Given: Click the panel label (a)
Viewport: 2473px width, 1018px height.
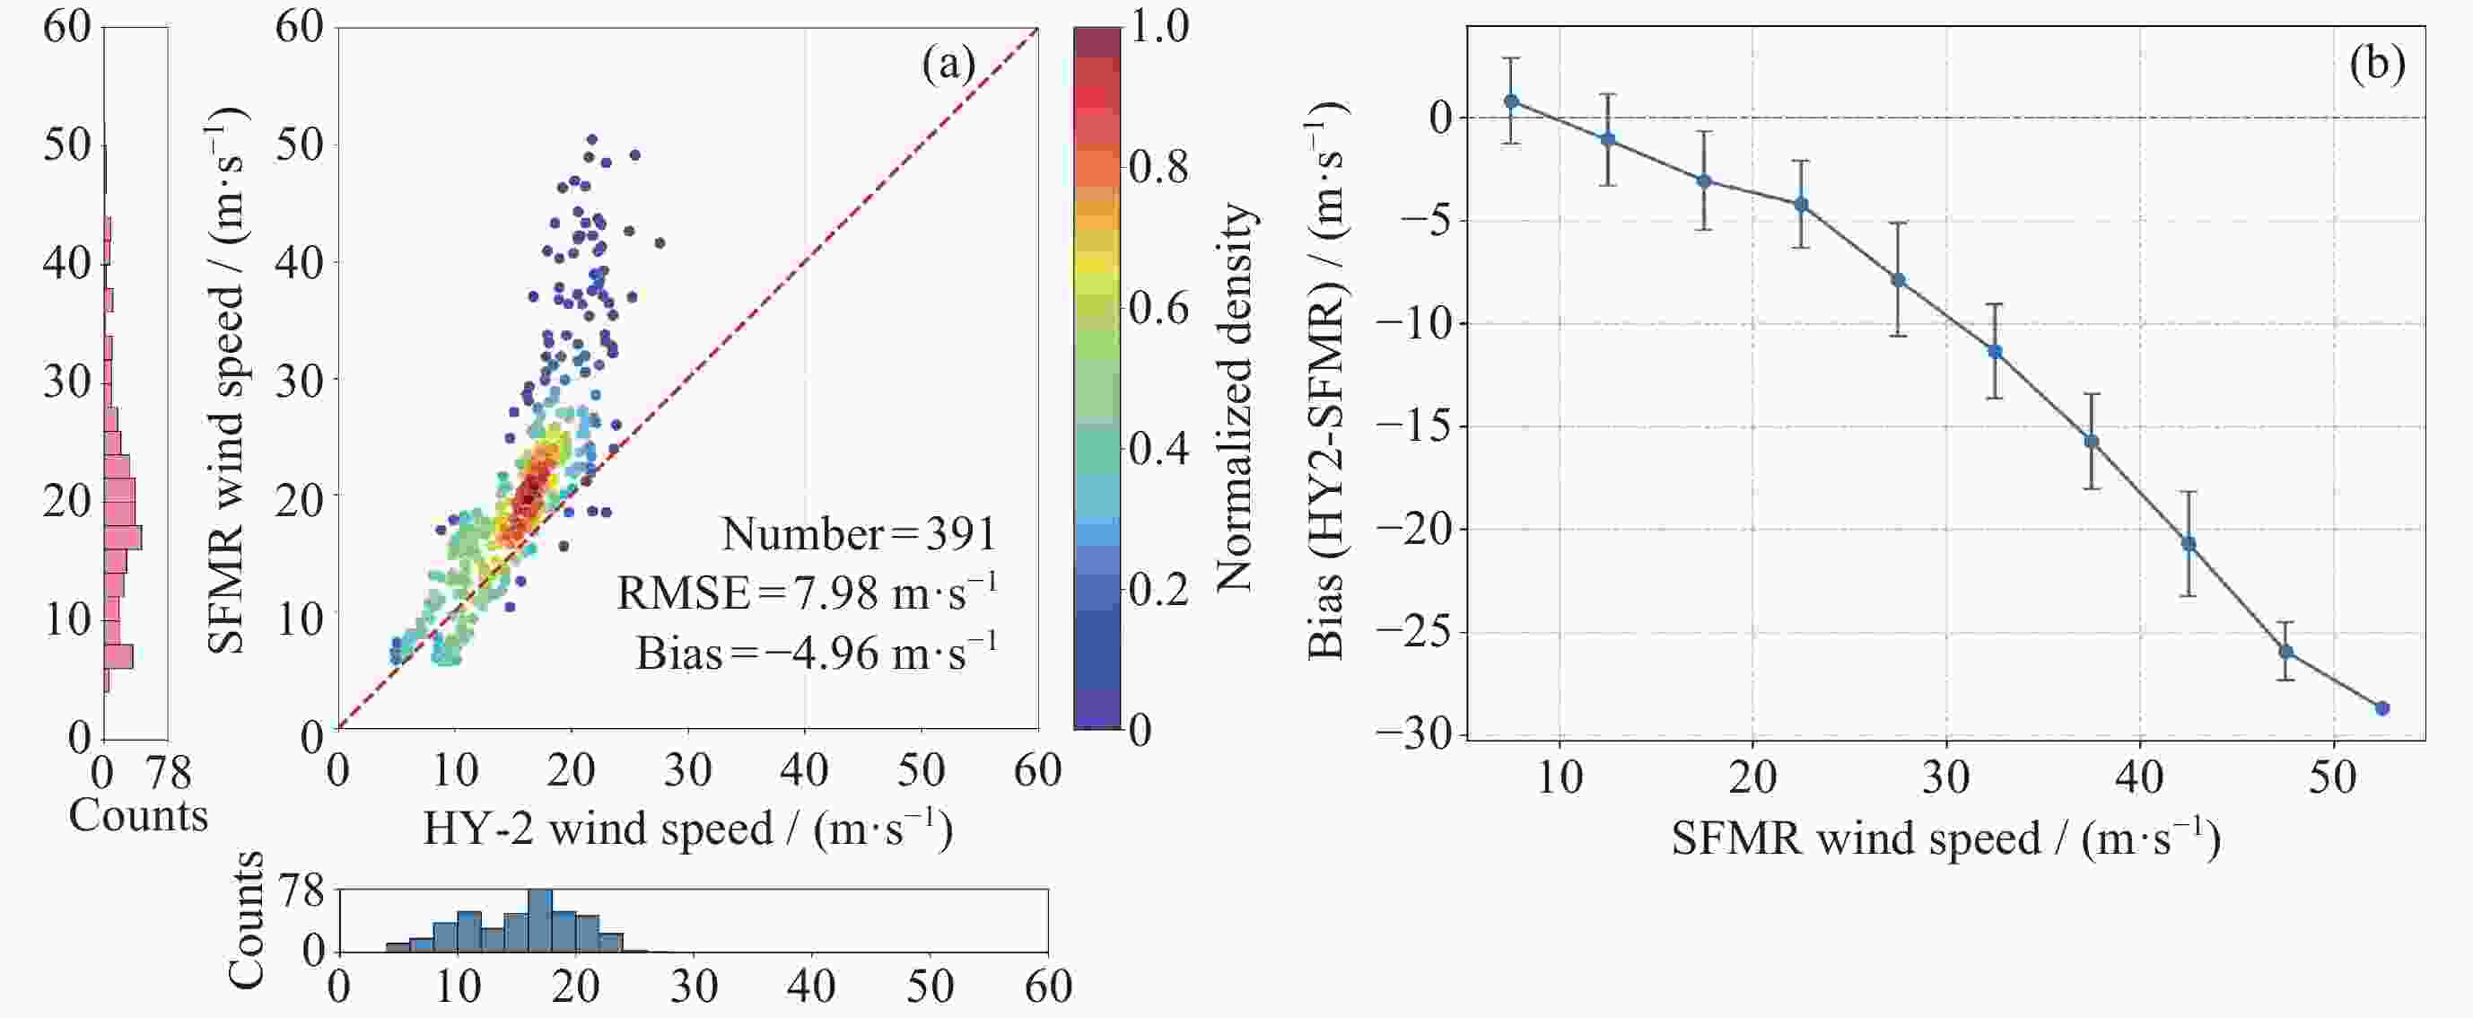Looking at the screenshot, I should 948,65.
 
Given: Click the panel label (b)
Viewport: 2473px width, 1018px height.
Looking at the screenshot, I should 2376,65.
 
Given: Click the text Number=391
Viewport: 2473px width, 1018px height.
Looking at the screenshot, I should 860,534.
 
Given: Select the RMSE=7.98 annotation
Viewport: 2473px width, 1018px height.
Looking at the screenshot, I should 807,592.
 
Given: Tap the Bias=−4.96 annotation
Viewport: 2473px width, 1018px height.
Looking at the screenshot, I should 816,653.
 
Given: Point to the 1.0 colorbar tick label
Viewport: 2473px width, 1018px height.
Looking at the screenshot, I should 1158,26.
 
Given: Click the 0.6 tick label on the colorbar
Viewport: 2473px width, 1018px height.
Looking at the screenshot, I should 1158,307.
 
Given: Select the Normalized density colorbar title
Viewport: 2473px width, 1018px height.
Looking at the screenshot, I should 1236,397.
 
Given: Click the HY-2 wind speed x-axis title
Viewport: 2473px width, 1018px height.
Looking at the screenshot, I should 687,829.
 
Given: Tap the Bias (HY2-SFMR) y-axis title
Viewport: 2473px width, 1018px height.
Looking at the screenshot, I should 1327,381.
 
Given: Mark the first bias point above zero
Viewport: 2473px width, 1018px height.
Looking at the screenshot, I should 1511,101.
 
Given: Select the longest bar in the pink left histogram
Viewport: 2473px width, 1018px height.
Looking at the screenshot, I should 122,538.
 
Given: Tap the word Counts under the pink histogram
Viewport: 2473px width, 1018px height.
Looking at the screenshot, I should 138,815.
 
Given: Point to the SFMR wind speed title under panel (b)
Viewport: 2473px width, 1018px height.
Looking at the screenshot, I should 1946,838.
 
